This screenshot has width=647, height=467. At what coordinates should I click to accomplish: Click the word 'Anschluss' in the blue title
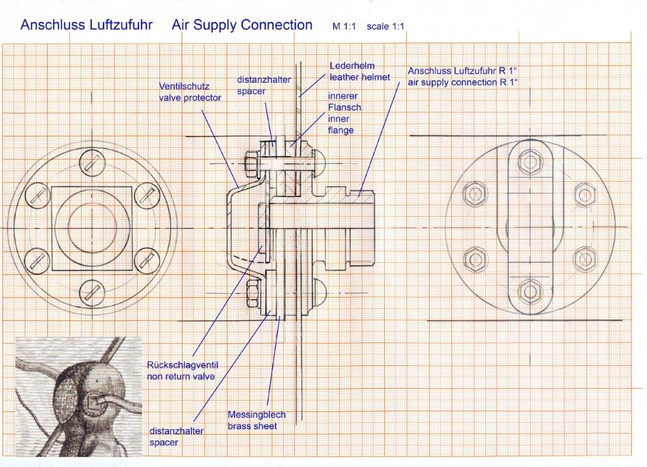pyautogui.click(x=47, y=25)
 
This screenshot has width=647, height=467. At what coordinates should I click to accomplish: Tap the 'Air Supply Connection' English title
pyautogui.click(x=242, y=25)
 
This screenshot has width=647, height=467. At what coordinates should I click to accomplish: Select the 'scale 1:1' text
pyautogui.click(x=385, y=27)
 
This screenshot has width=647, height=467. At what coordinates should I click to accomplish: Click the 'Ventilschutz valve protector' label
pyautogui.click(x=190, y=93)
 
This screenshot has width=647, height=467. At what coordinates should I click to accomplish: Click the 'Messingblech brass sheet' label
pyautogui.click(x=257, y=420)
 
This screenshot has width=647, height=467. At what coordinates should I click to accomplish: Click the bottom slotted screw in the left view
pyautogui.click(x=92, y=290)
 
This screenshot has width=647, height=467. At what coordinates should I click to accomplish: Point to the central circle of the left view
pyautogui.click(x=92, y=227)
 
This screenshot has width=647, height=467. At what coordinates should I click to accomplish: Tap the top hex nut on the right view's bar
pyautogui.click(x=530, y=162)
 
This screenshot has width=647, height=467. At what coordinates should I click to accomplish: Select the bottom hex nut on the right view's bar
pyautogui.click(x=530, y=291)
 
